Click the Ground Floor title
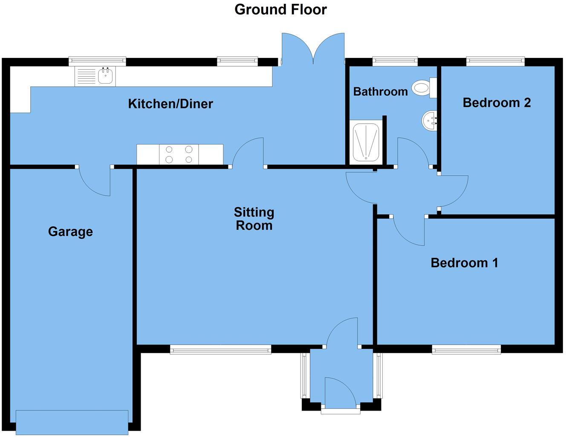(280, 9)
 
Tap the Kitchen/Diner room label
(170, 104)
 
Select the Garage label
(70, 232)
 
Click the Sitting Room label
(254, 219)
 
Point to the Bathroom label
(380, 91)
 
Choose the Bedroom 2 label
(497, 103)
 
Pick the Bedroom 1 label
(464, 263)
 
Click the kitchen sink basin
(105, 76)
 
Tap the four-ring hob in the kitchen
(179, 154)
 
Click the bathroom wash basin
(429, 120)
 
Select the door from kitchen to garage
(95, 180)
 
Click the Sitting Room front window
(220, 350)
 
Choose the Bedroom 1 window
(466, 350)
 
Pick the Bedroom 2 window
(495, 61)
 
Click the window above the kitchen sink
(97, 61)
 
